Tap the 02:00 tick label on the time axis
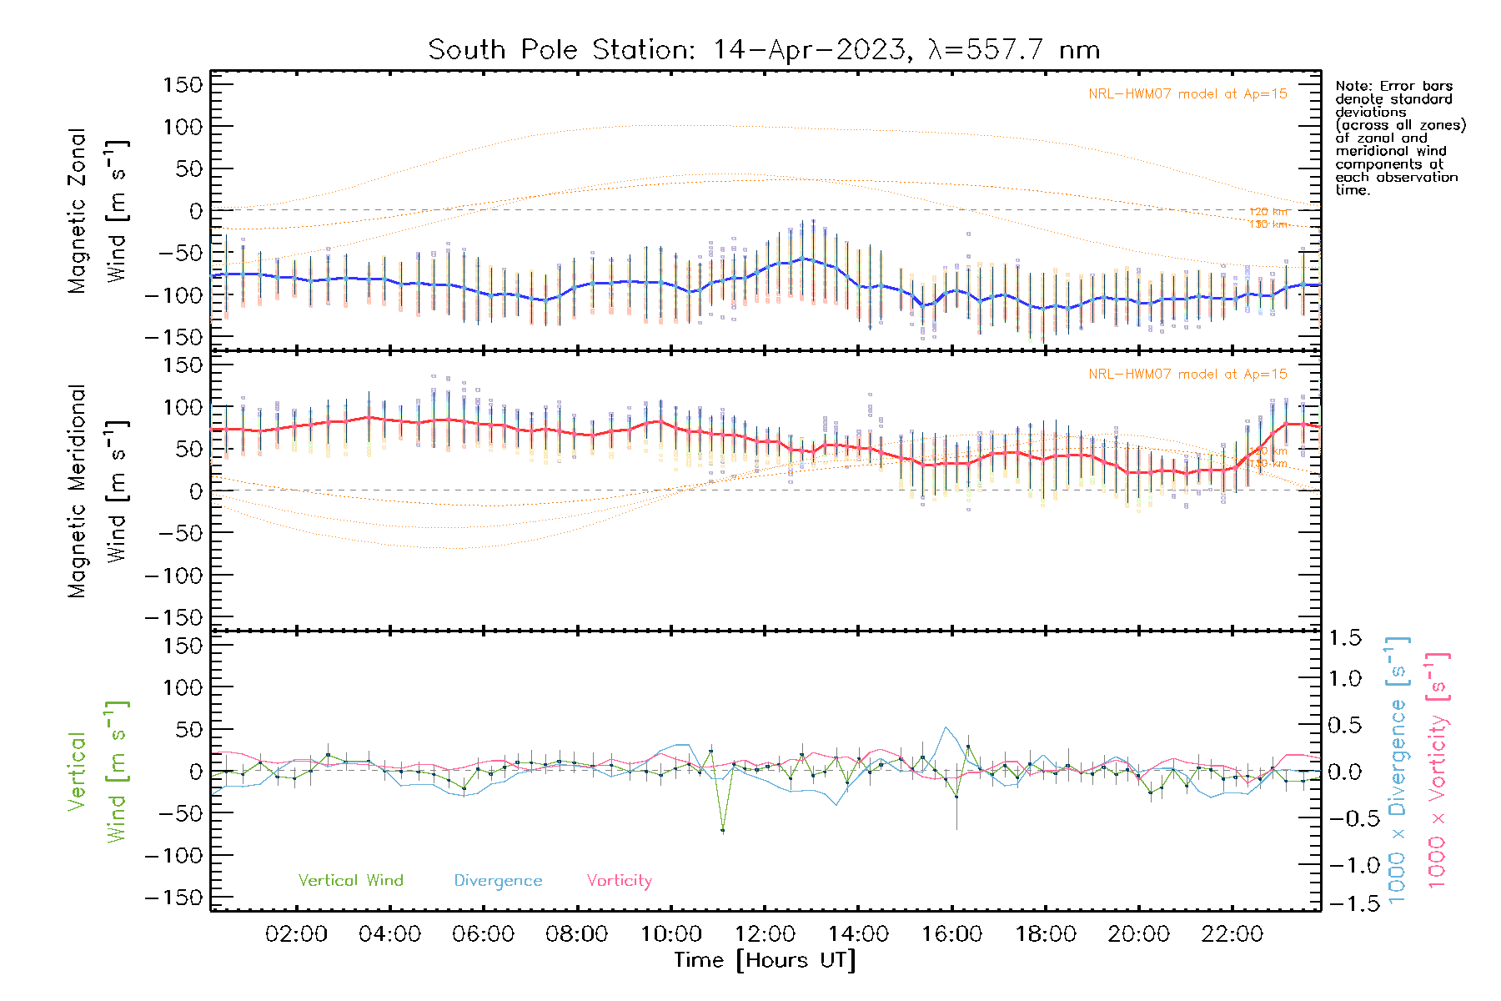296,934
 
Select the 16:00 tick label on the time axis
951,934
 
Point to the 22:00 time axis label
1232,934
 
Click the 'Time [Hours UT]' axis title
765,960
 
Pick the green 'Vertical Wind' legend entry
350,881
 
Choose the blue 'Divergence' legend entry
498,881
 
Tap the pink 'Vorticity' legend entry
619,881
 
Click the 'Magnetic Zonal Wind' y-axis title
98,210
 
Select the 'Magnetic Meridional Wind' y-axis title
98,491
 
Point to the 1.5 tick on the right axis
1345,638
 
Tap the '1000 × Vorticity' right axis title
1438,770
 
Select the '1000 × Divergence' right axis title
1398,770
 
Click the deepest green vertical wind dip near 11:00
723,830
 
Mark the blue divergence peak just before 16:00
946,727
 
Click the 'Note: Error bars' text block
1399,138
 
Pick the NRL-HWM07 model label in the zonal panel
1187,94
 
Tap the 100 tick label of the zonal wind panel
183,127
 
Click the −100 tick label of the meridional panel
174,576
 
